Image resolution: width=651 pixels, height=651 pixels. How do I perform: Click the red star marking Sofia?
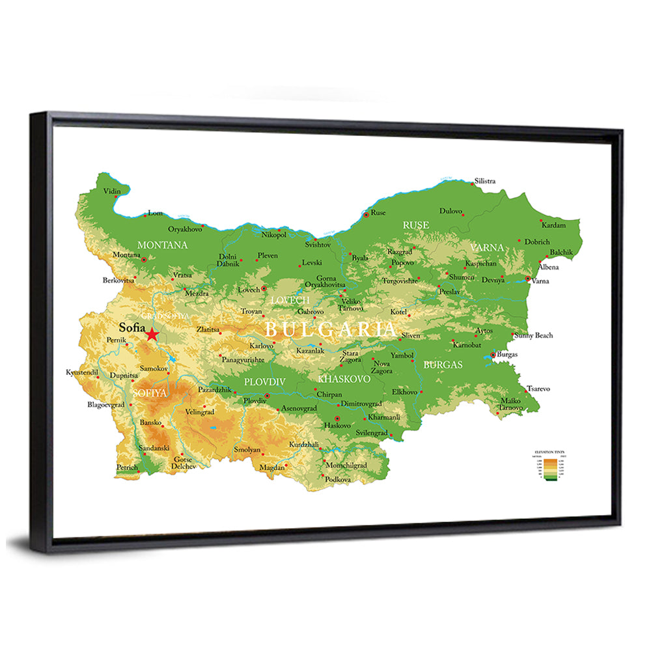(152, 335)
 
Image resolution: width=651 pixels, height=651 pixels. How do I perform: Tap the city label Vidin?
(112, 191)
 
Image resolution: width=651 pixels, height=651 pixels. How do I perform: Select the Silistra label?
(485, 181)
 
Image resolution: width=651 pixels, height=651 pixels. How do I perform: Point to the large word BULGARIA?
(330, 329)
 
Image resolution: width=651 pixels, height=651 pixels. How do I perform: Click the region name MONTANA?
(162, 245)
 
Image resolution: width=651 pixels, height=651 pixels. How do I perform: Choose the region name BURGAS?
(443, 365)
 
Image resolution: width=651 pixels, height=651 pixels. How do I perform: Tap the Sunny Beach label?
(534, 335)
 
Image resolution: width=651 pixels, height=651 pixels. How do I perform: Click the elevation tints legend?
(548, 465)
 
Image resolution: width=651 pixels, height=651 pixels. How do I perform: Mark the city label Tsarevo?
(538, 389)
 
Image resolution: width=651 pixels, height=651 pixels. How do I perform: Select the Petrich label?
(127, 467)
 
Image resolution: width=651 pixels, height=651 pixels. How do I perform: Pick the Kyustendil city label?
(82, 372)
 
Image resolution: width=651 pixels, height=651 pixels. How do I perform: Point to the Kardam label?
(554, 225)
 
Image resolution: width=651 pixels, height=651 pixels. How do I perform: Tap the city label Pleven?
(268, 256)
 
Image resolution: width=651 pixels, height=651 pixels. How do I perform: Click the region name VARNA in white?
(487, 247)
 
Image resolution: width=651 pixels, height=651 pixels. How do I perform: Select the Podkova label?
(338, 480)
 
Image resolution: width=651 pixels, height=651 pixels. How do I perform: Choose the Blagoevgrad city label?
(105, 404)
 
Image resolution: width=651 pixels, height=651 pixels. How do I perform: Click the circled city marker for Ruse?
(367, 214)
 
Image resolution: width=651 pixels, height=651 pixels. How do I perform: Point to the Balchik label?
(561, 252)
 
